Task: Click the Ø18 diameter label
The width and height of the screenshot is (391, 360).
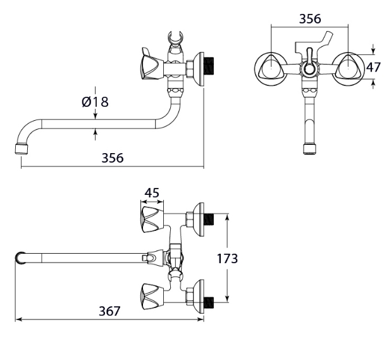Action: [x=96, y=102]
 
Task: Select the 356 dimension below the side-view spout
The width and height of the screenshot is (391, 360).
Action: [x=113, y=158]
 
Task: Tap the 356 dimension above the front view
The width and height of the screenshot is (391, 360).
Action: [x=310, y=19]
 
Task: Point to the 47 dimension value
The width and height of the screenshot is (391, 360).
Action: [x=373, y=67]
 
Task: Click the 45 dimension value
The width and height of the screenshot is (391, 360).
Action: [x=152, y=192]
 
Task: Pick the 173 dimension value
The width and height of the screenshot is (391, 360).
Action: [x=227, y=259]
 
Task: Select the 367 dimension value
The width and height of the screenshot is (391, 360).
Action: [x=109, y=311]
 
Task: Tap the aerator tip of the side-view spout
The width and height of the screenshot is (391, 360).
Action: [x=22, y=149]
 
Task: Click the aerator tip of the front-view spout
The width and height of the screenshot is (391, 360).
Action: [x=310, y=149]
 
